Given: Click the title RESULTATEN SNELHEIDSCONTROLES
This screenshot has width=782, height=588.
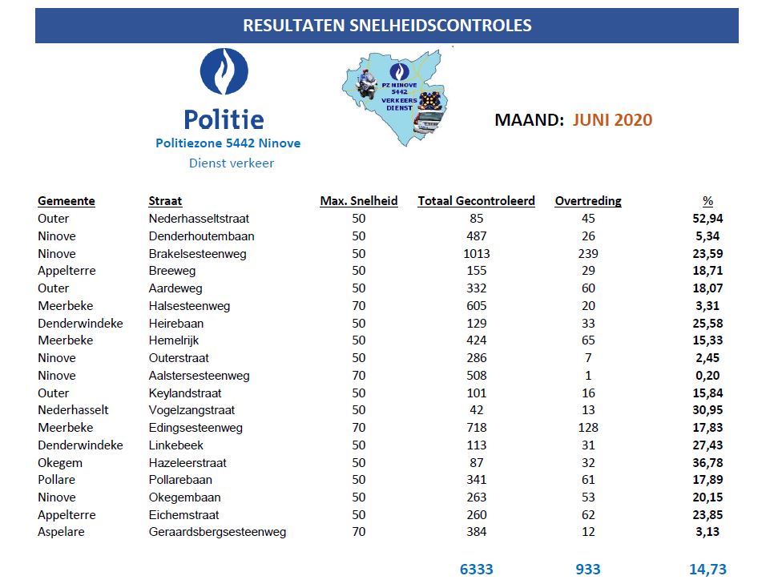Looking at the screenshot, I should (x=387, y=26).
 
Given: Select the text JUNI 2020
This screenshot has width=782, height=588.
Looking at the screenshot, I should (x=612, y=120).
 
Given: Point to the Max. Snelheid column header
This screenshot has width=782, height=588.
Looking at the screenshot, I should (x=359, y=201).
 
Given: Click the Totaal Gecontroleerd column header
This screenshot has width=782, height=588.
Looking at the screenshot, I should (x=476, y=201).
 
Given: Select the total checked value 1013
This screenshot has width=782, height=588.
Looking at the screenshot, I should (x=476, y=253).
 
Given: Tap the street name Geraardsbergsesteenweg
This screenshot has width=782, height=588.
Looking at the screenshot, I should (x=217, y=532).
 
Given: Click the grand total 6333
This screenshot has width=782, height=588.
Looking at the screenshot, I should (x=476, y=570).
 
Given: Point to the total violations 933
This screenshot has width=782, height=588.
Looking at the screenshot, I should (x=588, y=570).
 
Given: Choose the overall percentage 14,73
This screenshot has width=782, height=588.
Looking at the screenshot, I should (x=707, y=570).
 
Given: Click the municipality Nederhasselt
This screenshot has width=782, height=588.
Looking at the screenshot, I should (x=73, y=410).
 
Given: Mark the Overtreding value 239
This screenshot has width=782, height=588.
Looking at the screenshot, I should (x=588, y=253).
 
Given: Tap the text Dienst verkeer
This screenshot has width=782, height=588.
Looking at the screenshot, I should (x=232, y=163).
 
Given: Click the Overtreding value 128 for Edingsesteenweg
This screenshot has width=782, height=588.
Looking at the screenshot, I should (x=588, y=428).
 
